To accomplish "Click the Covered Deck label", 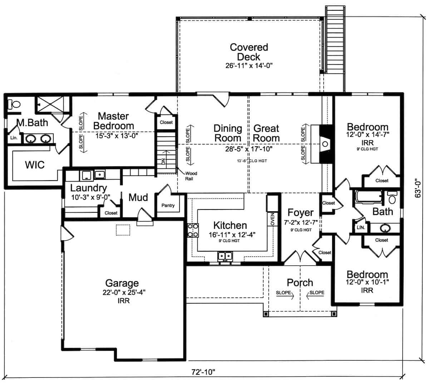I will click(x=249, y=52).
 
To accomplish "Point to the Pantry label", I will click(x=168, y=206).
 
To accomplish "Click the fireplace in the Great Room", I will click(x=325, y=144).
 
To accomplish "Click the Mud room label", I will click(x=138, y=197).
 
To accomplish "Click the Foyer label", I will click(x=300, y=213).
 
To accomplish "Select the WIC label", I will click(x=35, y=165).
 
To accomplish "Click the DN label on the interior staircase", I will click(x=163, y=162).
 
